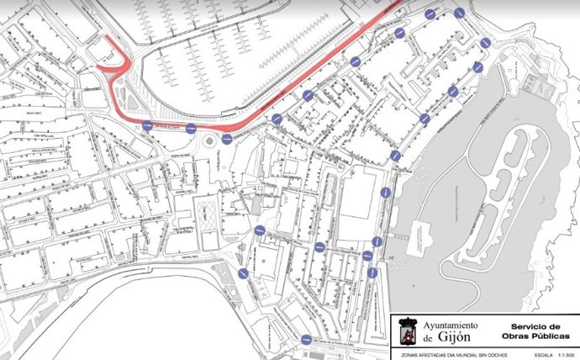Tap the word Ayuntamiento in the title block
pos(450,325)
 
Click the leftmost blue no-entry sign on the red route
pos(148,126)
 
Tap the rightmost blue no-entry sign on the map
pos(485,43)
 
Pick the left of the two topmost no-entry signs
pos(430,13)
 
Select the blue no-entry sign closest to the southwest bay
pos(243,273)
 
